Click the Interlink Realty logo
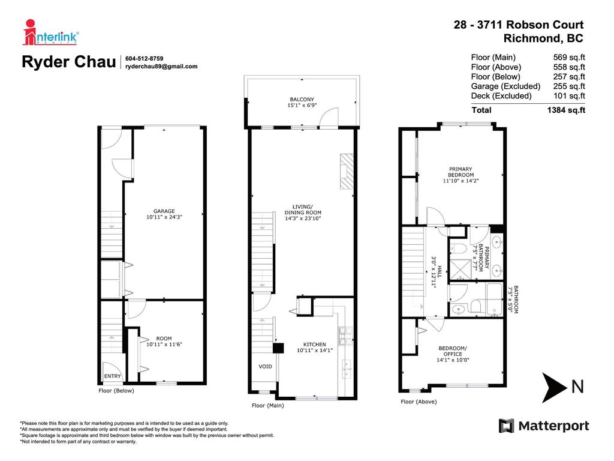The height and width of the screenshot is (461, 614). pyautogui.click(x=51, y=32)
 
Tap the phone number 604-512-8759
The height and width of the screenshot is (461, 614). pyautogui.click(x=145, y=58)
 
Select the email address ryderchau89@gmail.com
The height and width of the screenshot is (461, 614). pyautogui.click(x=161, y=67)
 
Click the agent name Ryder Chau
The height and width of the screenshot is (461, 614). pyautogui.click(x=68, y=62)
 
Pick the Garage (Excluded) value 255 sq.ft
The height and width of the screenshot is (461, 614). pyautogui.click(x=569, y=86)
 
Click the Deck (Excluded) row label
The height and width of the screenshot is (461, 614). pyautogui.click(x=501, y=96)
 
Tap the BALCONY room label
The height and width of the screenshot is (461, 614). pyautogui.click(x=302, y=100)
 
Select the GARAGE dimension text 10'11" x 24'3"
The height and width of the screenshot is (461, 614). pyautogui.click(x=164, y=217)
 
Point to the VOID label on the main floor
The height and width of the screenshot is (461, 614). pyautogui.click(x=265, y=366)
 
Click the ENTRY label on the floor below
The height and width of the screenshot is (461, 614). pyautogui.click(x=112, y=376)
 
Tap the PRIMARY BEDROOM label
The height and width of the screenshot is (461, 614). pyautogui.click(x=460, y=172)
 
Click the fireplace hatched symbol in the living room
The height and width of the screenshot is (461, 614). pyautogui.click(x=347, y=171)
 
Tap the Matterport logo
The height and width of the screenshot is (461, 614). pyautogui.click(x=544, y=426)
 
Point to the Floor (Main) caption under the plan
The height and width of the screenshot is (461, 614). pyautogui.click(x=267, y=406)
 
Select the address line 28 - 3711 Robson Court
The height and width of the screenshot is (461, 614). pyautogui.click(x=518, y=25)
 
